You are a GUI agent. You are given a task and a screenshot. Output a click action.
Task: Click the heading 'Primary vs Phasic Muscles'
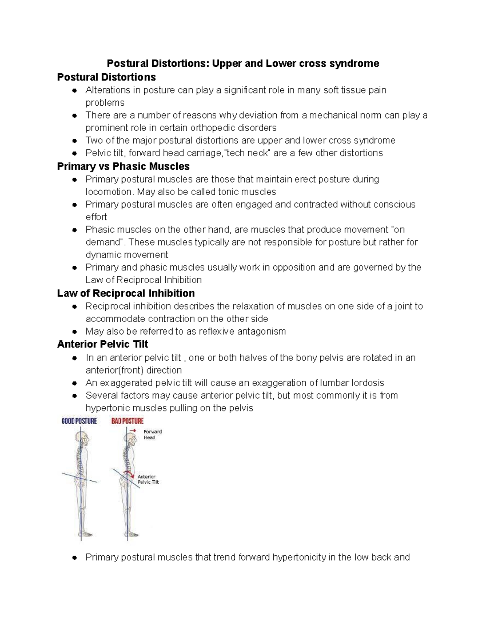123,166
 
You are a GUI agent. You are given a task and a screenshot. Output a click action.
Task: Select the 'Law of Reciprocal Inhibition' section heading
126,293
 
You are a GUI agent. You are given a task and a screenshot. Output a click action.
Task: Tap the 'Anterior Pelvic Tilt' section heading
102,344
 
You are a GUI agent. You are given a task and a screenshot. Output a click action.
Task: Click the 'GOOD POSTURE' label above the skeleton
79,421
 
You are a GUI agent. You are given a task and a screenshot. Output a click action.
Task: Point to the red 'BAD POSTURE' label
127,421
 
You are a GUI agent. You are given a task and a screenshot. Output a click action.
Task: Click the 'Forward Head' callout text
152,435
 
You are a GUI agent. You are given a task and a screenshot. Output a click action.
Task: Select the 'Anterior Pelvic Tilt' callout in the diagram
148,480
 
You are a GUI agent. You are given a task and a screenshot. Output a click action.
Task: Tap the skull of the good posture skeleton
83,439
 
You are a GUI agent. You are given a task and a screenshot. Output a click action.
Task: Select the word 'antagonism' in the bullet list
261,332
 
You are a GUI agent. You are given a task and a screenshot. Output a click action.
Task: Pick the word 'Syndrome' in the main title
360,64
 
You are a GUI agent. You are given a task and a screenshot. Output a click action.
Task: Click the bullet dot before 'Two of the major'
75,141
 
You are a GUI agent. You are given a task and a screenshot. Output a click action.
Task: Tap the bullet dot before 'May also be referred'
75,332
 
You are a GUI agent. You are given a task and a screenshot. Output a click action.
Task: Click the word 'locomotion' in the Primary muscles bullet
109,192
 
